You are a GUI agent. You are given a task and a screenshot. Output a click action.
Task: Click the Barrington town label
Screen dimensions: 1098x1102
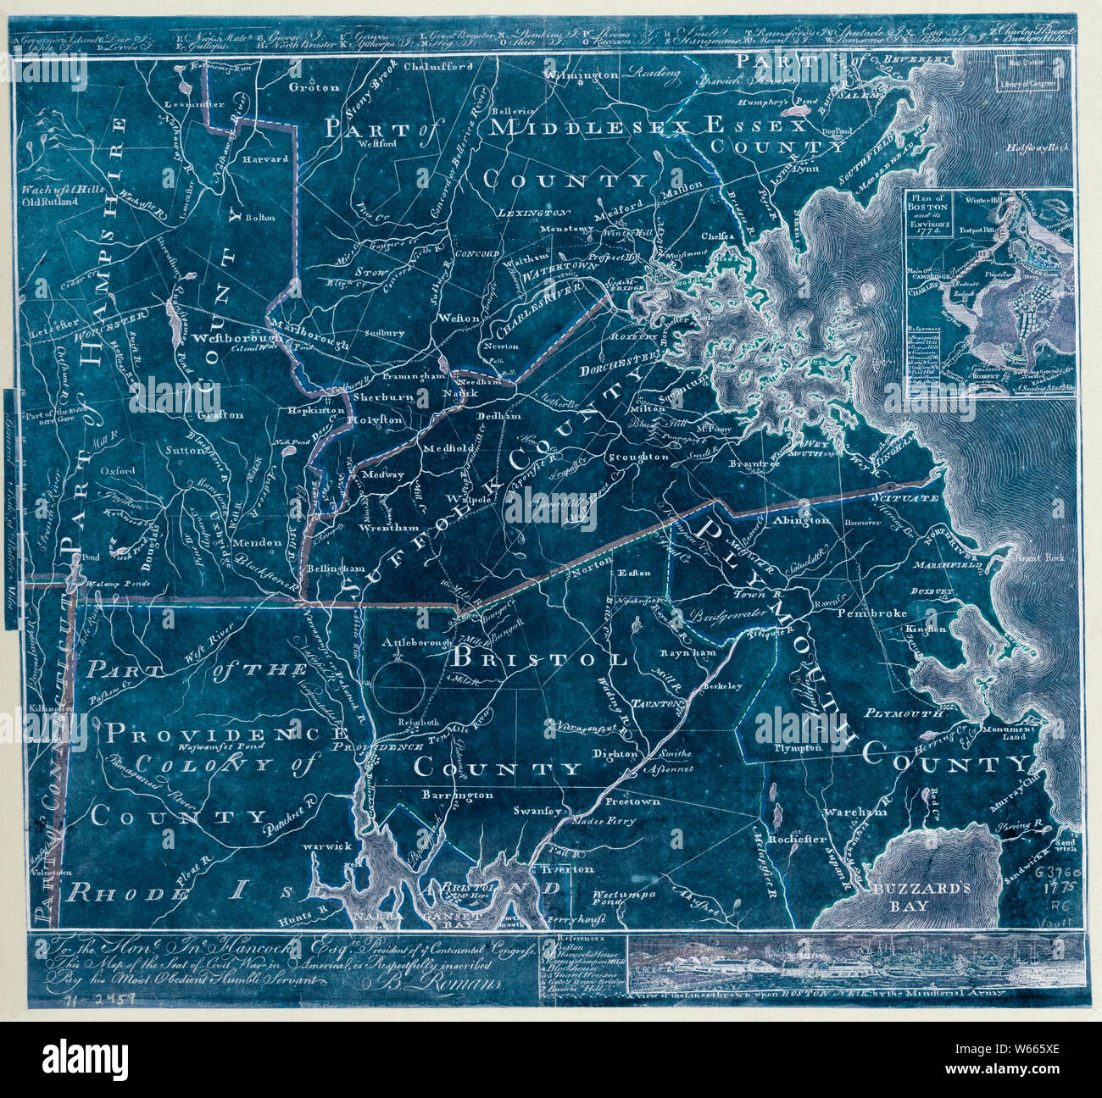click(457, 795)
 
